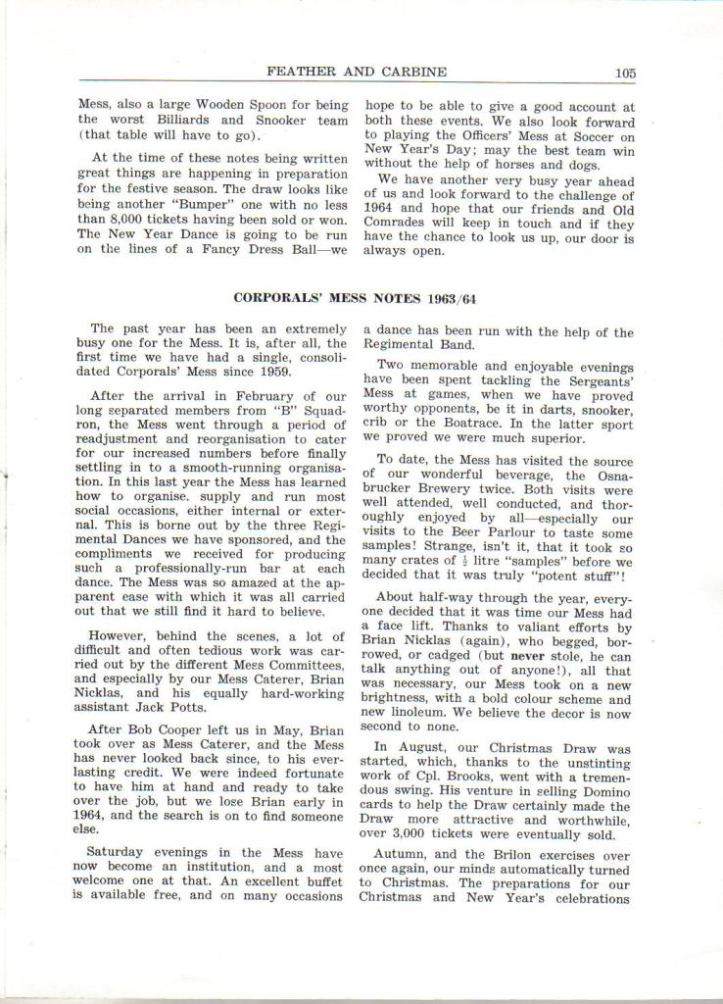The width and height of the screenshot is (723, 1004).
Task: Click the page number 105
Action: click(x=625, y=73)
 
